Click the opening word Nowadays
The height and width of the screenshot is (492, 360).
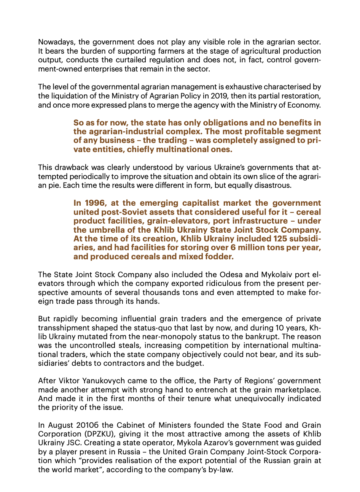click(x=54, y=42)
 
